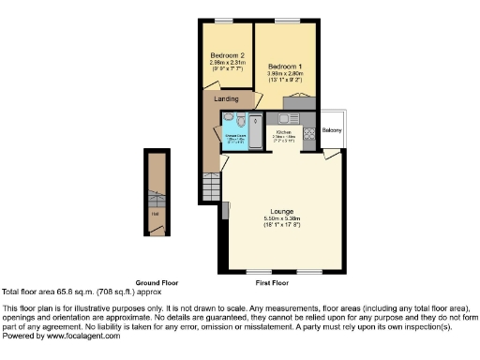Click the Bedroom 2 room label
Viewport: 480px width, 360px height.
pos(228,55)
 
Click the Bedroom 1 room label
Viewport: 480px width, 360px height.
pos(285,67)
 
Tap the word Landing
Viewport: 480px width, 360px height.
pos(226,98)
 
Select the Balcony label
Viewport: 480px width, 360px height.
pos(332,129)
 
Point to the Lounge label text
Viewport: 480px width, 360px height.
pos(282,212)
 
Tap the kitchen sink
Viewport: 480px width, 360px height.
pos(286,119)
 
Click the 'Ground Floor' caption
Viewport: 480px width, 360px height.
pos(157,282)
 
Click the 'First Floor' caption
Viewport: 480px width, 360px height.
pos(273,282)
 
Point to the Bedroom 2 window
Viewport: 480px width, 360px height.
pos(225,21)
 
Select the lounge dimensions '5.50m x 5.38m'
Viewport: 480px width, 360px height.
pos(282,220)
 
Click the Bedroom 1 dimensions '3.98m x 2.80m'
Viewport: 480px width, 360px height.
pos(286,75)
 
